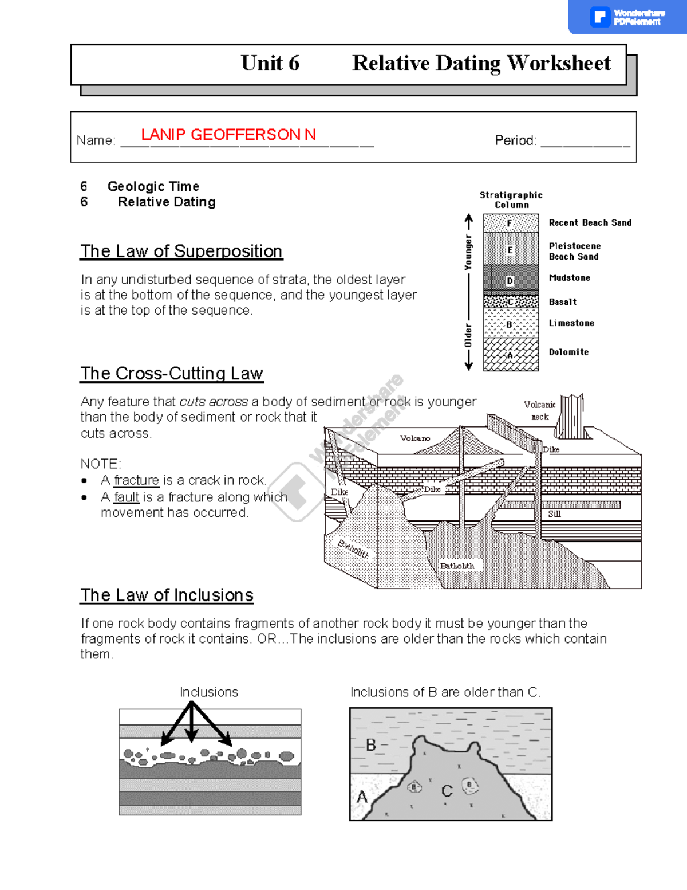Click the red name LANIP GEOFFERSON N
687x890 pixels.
point(228,135)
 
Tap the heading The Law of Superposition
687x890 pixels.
point(181,252)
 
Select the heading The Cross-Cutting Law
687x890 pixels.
point(171,374)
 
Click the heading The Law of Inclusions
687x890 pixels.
point(167,595)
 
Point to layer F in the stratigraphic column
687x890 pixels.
point(510,224)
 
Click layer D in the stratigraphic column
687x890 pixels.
point(510,281)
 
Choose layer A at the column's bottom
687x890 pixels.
point(510,355)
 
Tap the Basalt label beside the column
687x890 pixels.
point(562,302)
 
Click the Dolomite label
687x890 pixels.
point(568,352)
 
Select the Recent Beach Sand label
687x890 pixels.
point(590,223)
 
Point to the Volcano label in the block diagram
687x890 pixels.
point(414,438)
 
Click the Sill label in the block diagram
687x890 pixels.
point(554,514)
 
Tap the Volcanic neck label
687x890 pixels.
point(539,410)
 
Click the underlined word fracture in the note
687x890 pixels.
point(136,480)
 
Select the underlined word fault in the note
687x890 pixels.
point(127,497)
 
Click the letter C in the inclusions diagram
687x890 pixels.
point(447,791)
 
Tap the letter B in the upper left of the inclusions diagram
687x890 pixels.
point(371,745)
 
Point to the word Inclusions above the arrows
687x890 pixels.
point(209,692)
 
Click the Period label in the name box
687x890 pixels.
point(515,140)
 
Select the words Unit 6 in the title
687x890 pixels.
point(270,64)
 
